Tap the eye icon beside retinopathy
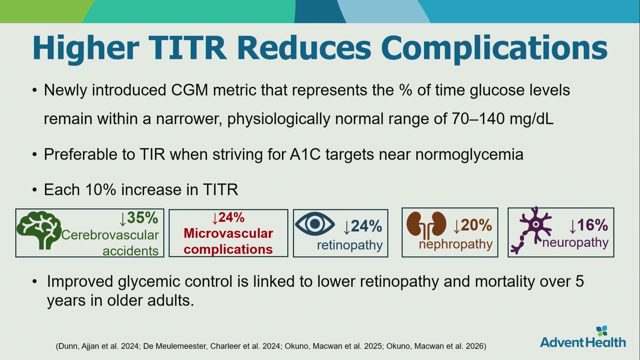coord(315,224)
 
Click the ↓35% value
coord(139,218)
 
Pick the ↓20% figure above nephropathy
coord(472,225)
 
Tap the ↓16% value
coord(589,225)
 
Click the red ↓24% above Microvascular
coord(228,218)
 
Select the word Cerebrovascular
coord(110,235)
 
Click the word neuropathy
coord(575,243)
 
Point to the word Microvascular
coord(228,233)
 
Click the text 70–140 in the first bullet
coord(478,118)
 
